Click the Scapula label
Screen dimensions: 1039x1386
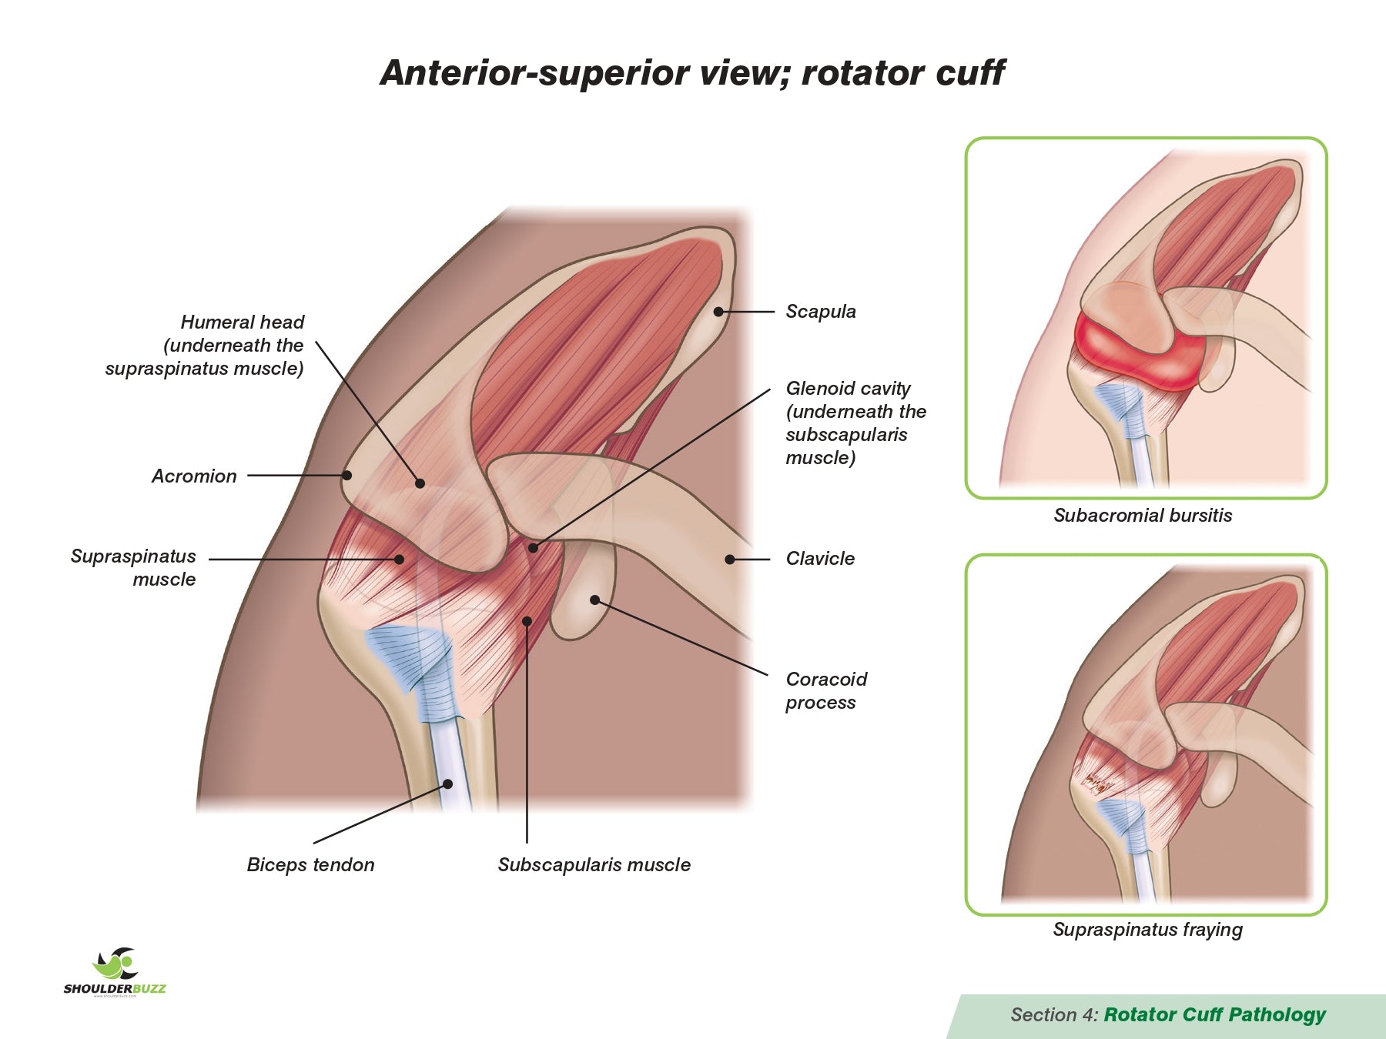point(820,312)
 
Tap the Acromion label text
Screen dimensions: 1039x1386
point(194,476)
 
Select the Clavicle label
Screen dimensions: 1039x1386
point(820,559)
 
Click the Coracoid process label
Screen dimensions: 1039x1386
point(825,690)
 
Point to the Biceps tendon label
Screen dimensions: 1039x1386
point(310,865)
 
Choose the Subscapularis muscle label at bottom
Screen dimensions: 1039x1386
point(594,865)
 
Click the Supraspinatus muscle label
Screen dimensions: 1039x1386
point(134,567)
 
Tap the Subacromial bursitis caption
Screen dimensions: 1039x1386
point(1143,516)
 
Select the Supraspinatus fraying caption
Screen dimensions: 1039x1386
point(1147,930)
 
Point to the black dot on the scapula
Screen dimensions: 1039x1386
point(718,312)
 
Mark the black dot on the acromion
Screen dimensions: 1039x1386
point(346,476)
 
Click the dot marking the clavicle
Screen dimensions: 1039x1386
point(729,560)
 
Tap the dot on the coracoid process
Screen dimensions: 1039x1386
point(594,600)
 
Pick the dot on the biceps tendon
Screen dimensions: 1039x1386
point(447,784)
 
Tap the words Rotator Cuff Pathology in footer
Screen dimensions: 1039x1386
point(1214,1015)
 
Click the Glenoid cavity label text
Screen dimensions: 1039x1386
point(855,423)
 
